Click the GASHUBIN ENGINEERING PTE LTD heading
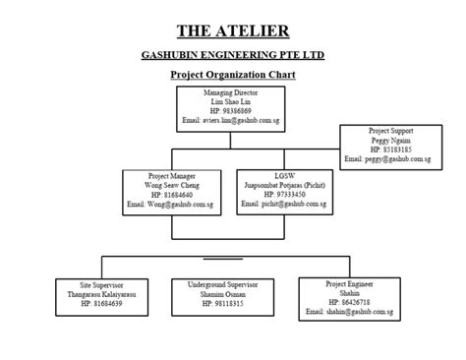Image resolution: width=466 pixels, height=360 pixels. point(233,56)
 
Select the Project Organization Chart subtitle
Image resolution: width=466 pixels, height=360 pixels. point(233,75)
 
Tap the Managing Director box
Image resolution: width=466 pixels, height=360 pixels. point(232,107)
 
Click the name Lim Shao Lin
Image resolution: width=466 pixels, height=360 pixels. point(232,102)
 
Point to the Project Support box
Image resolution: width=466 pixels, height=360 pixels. point(391,144)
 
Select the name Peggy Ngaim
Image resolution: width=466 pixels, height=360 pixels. point(391,140)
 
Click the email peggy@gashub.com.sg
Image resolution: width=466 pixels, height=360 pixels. point(391,158)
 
